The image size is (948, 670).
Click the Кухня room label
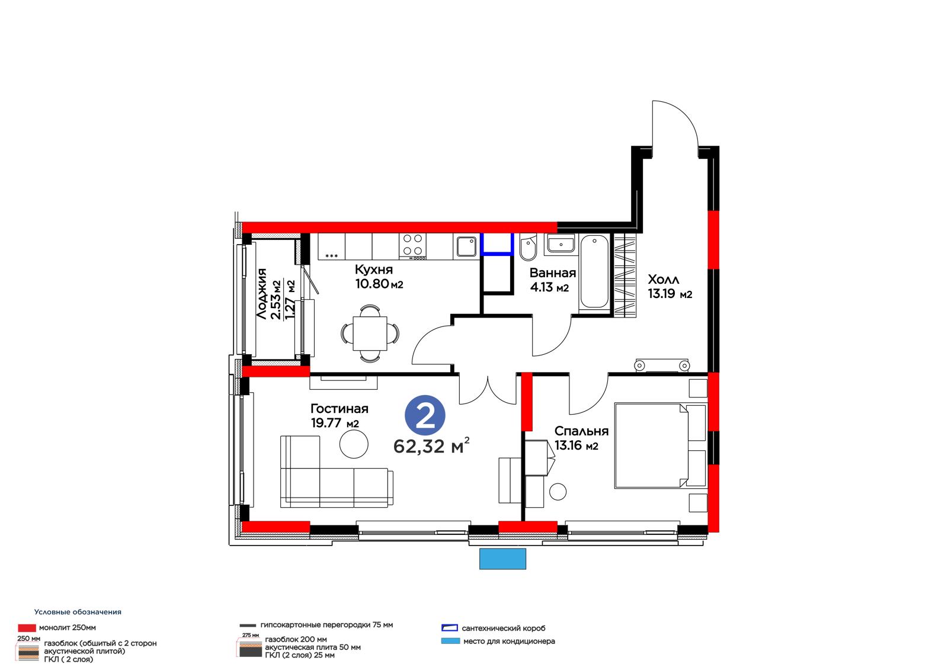point(374,270)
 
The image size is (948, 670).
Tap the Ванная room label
point(553,273)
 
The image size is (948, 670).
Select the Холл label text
point(664,280)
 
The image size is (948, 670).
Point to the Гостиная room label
point(340,408)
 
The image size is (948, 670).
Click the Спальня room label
point(581,431)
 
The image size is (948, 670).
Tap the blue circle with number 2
point(425,415)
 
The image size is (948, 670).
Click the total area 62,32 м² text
point(431,446)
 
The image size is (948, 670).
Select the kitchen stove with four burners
point(412,246)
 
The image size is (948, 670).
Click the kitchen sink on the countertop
point(467,246)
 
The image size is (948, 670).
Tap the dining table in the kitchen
point(370,334)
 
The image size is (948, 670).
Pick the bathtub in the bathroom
point(595,271)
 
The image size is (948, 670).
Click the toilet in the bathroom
point(528,247)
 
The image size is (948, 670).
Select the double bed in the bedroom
point(661,445)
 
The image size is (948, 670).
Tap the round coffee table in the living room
point(354,444)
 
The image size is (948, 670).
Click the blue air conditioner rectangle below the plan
point(502,559)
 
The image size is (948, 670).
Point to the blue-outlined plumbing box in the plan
point(497,244)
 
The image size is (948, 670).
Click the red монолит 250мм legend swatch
point(27,628)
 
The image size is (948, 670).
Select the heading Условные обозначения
point(78,612)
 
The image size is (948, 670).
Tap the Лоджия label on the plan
point(262,293)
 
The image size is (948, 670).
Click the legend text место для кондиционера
point(509,641)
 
